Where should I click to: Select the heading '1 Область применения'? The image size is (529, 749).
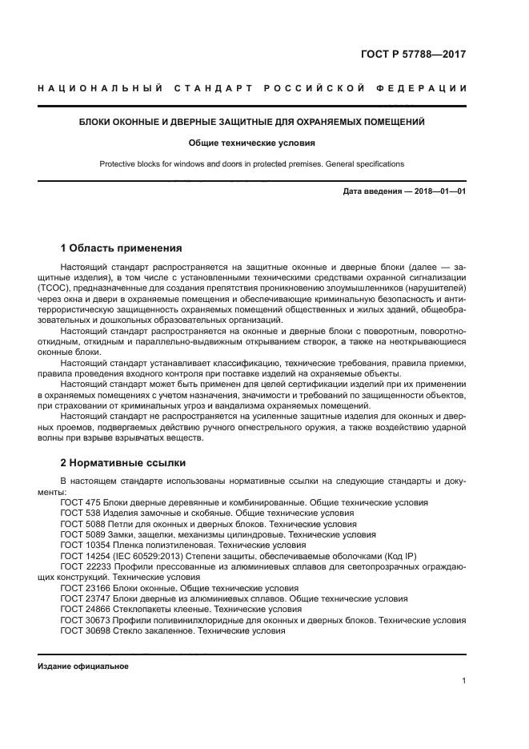pyautogui.click(x=121, y=248)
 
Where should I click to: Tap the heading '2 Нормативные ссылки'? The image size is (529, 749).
pyautogui.click(x=123, y=463)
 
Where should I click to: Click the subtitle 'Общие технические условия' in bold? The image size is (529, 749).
pyautogui.click(x=252, y=143)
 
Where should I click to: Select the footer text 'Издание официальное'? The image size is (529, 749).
pyautogui.click(x=83, y=666)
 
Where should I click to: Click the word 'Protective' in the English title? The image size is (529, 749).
pyautogui.click(x=118, y=164)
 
